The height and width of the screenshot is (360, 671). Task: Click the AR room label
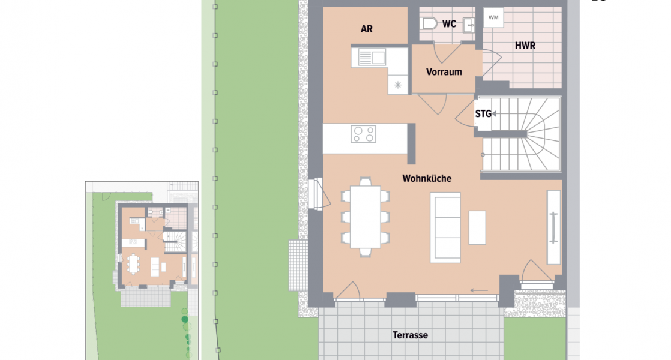[366, 29]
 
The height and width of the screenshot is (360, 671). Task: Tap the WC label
[449, 25]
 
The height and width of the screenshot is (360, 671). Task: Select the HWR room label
[525, 46]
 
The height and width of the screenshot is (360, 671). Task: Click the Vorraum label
[444, 72]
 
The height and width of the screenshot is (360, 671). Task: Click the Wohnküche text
[426, 178]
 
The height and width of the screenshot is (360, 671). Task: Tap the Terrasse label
[411, 335]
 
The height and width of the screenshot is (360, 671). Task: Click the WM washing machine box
[494, 17]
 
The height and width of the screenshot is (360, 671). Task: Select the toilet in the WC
[429, 23]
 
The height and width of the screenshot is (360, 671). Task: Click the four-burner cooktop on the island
[363, 134]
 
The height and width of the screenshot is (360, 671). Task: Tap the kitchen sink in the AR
[372, 58]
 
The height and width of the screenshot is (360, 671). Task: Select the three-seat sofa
[445, 227]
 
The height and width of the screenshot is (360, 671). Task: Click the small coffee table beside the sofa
[477, 227]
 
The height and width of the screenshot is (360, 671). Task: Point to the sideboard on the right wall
[553, 228]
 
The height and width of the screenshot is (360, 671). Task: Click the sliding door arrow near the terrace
[479, 291]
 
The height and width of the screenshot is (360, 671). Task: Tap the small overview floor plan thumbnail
[142, 270]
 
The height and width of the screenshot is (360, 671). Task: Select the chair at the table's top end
[365, 181]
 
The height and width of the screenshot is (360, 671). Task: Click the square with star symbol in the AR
[398, 85]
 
